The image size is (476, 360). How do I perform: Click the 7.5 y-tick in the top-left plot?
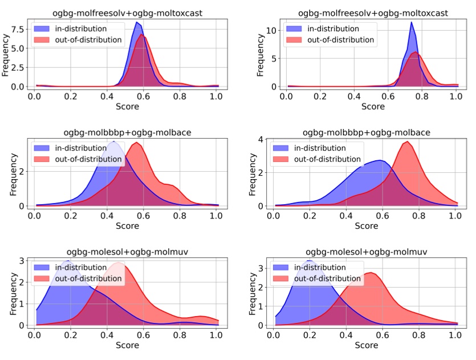point(18,28)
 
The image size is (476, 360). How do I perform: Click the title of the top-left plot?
point(124,13)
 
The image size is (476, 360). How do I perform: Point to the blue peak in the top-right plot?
point(411,23)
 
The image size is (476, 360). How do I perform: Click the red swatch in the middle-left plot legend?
point(43,159)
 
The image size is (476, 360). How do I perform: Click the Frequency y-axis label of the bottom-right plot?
point(249,292)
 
